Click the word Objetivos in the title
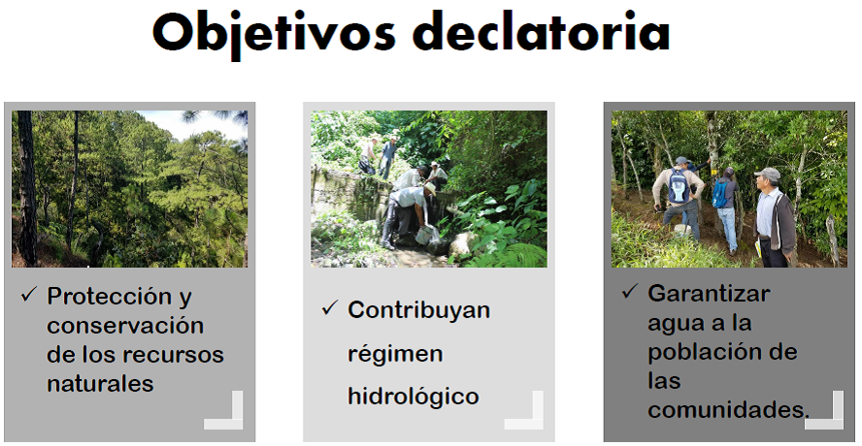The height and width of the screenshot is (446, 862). coord(274,34)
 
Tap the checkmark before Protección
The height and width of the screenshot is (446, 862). coord(28,296)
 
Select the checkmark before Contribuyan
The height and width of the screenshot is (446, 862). coord(329,308)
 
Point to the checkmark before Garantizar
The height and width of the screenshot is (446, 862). coord(629,292)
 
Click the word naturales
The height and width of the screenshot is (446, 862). coord(100,383)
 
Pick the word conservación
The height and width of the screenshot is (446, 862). coord(125,325)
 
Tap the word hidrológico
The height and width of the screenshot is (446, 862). coord(414,397)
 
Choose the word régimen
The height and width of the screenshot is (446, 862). coord(395,354)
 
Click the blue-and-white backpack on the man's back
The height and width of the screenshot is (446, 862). coord(680,185)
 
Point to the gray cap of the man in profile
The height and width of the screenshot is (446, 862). coord(768,175)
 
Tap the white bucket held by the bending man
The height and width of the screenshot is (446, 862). coord(425,235)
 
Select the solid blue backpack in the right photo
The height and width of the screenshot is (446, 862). coord(720,194)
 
